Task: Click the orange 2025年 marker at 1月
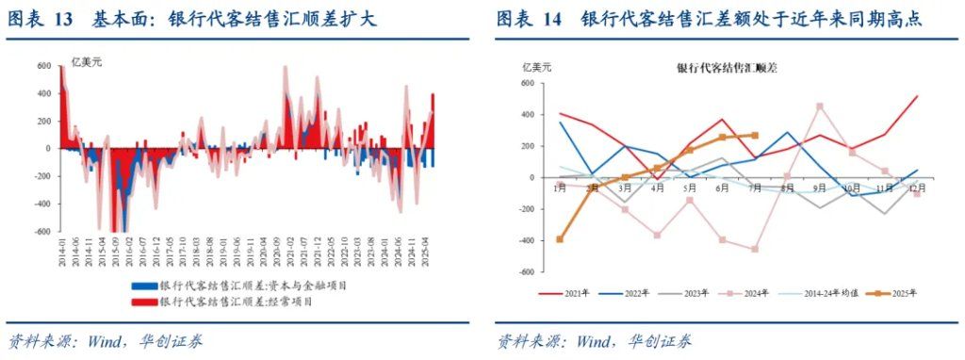[x=561, y=239]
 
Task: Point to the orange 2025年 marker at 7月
[x=754, y=135]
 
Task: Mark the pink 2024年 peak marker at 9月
[x=819, y=106]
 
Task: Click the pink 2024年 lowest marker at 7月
[x=754, y=249]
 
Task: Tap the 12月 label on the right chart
[x=916, y=188]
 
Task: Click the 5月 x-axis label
[x=689, y=188]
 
